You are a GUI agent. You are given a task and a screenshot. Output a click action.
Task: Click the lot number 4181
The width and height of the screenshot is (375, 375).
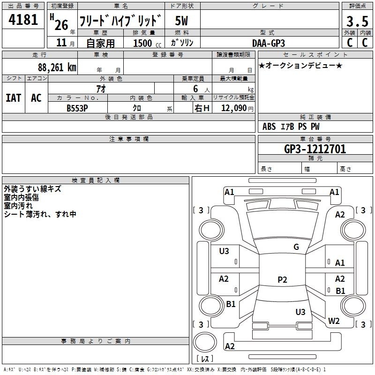(x=23, y=20)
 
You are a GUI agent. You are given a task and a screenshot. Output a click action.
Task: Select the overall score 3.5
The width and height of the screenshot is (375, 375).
(x=357, y=21)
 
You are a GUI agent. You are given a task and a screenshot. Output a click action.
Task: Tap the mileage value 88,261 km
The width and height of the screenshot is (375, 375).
(x=57, y=67)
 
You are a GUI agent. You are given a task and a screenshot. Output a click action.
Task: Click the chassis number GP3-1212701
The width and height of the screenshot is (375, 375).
(x=315, y=149)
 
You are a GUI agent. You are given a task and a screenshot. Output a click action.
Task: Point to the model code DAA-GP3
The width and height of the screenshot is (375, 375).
(x=269, y=43)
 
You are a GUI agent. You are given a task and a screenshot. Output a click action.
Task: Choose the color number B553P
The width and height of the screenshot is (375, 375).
(x=77, y=108)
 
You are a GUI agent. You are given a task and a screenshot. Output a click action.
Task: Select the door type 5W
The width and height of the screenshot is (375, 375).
(x=181, y=21)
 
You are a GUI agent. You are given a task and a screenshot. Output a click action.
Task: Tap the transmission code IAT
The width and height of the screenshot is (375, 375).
(x=13, y=98)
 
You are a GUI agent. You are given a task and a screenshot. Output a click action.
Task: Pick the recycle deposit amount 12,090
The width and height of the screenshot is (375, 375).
(x=234, y=108)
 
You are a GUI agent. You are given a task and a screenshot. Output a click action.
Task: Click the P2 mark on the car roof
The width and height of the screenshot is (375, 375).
(x=282, y=279)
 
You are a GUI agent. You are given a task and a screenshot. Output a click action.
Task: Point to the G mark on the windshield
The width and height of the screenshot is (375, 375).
(x=296, y=247)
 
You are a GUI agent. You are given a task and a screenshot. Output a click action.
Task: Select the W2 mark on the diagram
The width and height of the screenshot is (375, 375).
(x=334, y=321)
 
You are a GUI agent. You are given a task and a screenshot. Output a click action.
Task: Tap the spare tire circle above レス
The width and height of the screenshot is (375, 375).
(x=205, y=342)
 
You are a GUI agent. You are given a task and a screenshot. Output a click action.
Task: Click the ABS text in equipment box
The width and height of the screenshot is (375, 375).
(x=269, y=127)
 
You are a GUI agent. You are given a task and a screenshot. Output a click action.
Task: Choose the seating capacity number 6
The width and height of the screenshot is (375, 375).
(x=195, y=89)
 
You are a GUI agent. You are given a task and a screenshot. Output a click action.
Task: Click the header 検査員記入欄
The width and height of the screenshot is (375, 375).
(x=96, y=180)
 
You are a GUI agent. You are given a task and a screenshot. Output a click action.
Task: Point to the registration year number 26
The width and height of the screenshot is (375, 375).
(x=61, y=25)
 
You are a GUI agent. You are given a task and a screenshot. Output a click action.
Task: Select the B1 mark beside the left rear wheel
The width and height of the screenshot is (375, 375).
(x=231, y=304)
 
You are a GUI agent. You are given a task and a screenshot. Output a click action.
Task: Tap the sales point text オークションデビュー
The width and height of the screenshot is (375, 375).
(x=300, y=65)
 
